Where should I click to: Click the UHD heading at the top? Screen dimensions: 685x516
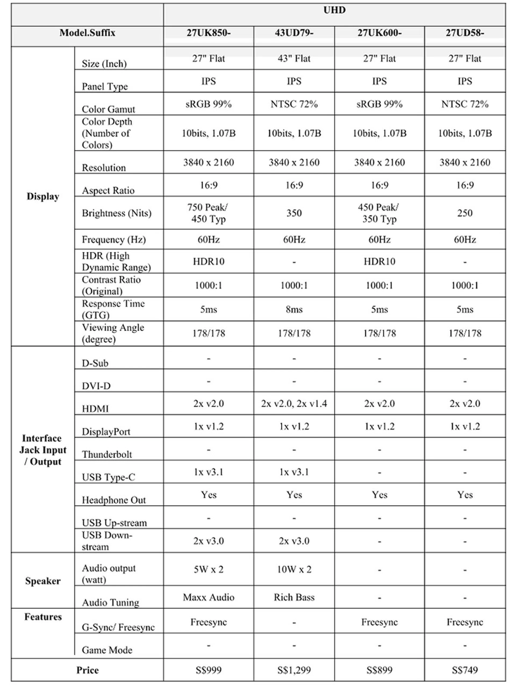(x=334, y=10)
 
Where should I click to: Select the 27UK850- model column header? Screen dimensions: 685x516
(x=209, y=33)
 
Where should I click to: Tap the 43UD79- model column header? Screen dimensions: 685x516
(x=294, y=33)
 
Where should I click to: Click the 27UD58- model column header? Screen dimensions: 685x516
(x=465, y=33)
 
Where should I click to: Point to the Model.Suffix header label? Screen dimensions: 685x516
(x=87, y=33)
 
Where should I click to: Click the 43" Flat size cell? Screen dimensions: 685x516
(x=294, y=59)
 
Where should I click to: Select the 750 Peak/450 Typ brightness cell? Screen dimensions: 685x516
(x=209, y=213)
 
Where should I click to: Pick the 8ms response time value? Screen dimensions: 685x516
(x=294, y=309)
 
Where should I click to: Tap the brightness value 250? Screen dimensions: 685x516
(x=465, y=213)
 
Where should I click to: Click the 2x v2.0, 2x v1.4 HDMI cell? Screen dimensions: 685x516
(x=294, y=403)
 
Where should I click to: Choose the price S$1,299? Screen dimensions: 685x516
(x=294, y=670)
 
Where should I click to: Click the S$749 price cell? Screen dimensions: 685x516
(x=465, y=670)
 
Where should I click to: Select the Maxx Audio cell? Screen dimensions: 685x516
(x=209, y=597)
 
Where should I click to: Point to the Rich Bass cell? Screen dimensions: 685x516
(x=294, y=597)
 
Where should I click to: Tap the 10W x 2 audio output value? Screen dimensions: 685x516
(x=294, y=569)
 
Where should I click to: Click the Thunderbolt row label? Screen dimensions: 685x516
(x=107, y=454)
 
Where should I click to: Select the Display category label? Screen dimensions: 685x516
(x=43, y=196)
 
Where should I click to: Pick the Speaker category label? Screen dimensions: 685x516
(x=43, y=581)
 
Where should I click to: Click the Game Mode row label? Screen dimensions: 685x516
(x=107, y=650)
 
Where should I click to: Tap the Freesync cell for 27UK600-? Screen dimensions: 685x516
(x=379, y=622)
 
